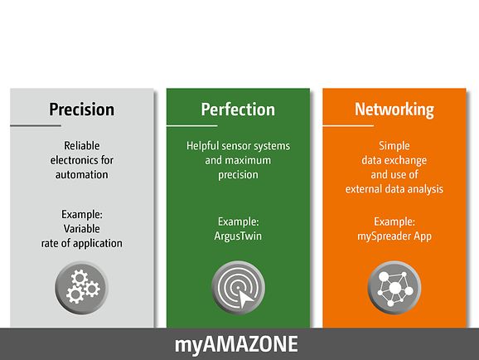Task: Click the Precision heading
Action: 82,109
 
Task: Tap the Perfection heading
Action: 238,109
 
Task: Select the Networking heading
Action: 394,109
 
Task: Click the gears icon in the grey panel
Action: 81,288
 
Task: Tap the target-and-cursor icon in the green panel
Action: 238,288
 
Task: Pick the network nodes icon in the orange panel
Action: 394,288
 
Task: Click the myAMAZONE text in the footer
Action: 236,344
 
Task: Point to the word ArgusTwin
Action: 238,236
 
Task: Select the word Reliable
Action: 82,146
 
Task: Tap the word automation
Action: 82,175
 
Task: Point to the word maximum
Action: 249,160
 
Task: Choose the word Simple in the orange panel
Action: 394,146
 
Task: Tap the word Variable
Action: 82,229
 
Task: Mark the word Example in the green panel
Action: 239,221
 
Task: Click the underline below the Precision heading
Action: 36,125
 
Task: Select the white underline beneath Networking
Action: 348,125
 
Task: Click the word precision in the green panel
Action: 238,175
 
